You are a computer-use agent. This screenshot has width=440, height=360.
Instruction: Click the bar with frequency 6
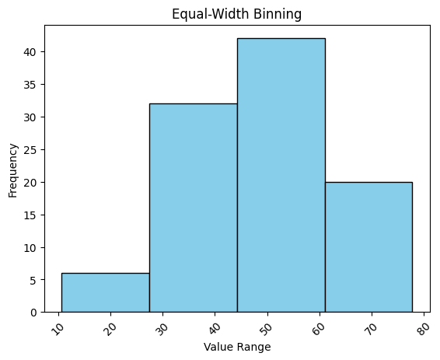tap(105, 292)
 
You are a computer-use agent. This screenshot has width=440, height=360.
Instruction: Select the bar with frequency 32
tap(193, 208)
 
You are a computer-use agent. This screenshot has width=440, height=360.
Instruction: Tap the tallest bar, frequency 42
tap(281, 175)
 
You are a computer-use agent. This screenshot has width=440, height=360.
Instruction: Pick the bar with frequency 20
tap(368, 246)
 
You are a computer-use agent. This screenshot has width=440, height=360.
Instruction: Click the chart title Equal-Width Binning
tap(236, 13)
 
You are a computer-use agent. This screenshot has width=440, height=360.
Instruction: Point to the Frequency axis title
tap(12, 169)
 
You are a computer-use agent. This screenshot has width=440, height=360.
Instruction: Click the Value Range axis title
tap(236, 347)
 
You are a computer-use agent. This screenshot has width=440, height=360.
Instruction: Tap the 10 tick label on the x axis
tap(59, 326)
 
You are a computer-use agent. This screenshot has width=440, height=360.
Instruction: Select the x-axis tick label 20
tap(111, 326)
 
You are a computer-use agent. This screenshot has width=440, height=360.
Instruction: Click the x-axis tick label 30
tap(162, 326)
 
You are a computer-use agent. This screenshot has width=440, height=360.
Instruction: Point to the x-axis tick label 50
tap(266, 326)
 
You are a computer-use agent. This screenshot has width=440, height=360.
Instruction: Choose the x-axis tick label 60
tap(318, 326)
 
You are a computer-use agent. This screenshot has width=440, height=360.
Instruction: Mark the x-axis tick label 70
tap(369, 326)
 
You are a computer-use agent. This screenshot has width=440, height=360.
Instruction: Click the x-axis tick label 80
tap(421, 326)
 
